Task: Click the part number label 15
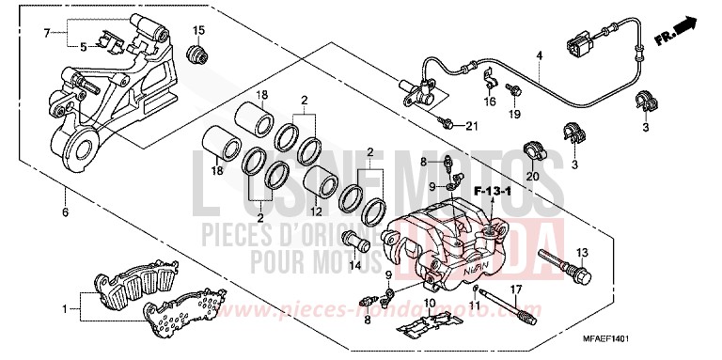[197, 32]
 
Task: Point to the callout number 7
[46, 33]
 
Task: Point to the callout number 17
[514, 288]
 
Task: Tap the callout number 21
[472, 128]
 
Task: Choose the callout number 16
[489, 101]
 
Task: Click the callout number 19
[514, 115]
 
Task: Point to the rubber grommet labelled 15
[197, 55]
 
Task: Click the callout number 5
[83, 45]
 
